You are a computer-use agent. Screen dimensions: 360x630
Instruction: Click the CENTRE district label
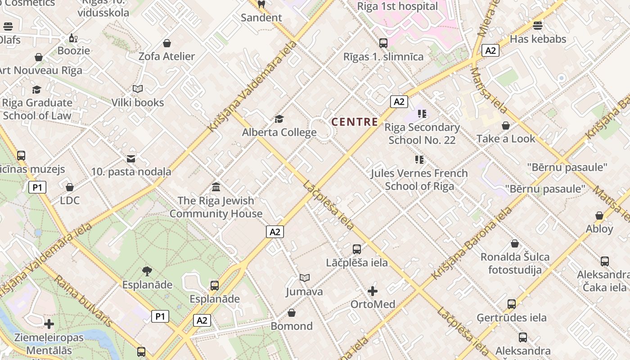tap(355, 121)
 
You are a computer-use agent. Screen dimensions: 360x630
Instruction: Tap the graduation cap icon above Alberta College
tap(279, 119)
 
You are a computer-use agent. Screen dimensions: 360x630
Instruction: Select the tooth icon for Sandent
tap(261, 4)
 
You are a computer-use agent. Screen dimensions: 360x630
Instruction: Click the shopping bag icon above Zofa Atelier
tap(167, 43)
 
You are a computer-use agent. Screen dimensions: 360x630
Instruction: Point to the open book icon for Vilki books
tap(138, 89)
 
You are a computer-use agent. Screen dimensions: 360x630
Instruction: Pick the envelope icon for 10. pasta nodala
tap(131, 158)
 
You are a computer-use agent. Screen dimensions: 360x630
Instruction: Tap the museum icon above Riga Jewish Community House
tap(216, 187)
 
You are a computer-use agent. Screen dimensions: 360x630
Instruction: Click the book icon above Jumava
tap(305, 278)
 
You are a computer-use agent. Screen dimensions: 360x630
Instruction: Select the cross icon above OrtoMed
tap(373, 291)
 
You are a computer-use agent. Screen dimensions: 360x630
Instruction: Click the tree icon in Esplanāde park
tap(147, 271)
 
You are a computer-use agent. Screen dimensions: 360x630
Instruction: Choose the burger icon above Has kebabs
tap(538, 26)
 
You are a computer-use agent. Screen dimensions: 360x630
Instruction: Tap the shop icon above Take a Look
tap(506, 126)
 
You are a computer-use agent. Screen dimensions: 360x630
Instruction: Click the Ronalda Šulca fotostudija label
tap(515, 263)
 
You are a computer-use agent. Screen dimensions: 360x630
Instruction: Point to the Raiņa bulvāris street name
tap(84, 301)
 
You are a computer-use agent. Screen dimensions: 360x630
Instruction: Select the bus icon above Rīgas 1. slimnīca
tap(383, 43)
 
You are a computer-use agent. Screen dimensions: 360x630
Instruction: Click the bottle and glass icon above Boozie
tap(73, 38)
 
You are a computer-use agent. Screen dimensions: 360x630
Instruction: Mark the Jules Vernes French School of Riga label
tap(419, 180)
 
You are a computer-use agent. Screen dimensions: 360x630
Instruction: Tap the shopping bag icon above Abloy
tap(599, 216)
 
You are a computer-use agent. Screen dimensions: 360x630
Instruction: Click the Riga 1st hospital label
tap(397, 6)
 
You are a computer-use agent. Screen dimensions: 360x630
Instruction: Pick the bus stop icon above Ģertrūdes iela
tap(512, 304)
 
